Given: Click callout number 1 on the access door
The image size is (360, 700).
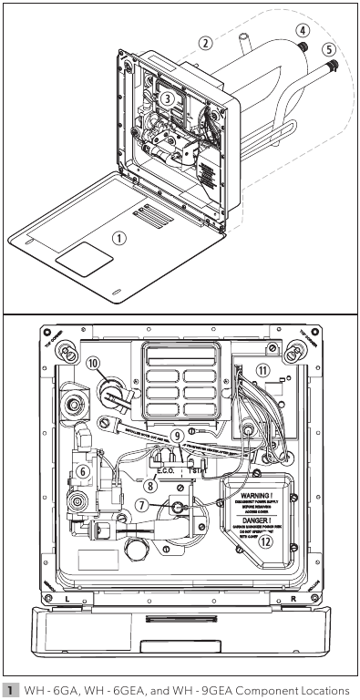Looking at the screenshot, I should [x=117, y=237].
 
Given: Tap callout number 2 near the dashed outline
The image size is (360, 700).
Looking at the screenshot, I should [x=207, y=43].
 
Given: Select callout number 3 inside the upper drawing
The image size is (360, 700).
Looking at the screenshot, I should [x=168, y=98].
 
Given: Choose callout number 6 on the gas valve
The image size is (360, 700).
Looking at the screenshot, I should [x=83, y=471].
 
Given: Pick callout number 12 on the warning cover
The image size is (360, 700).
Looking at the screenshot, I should [x=265, y=539].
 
